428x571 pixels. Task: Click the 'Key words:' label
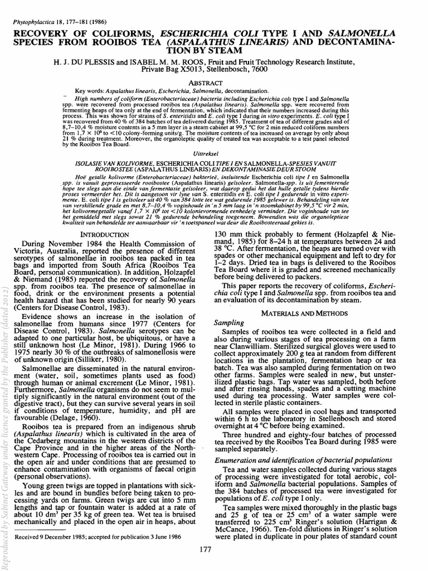89,90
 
